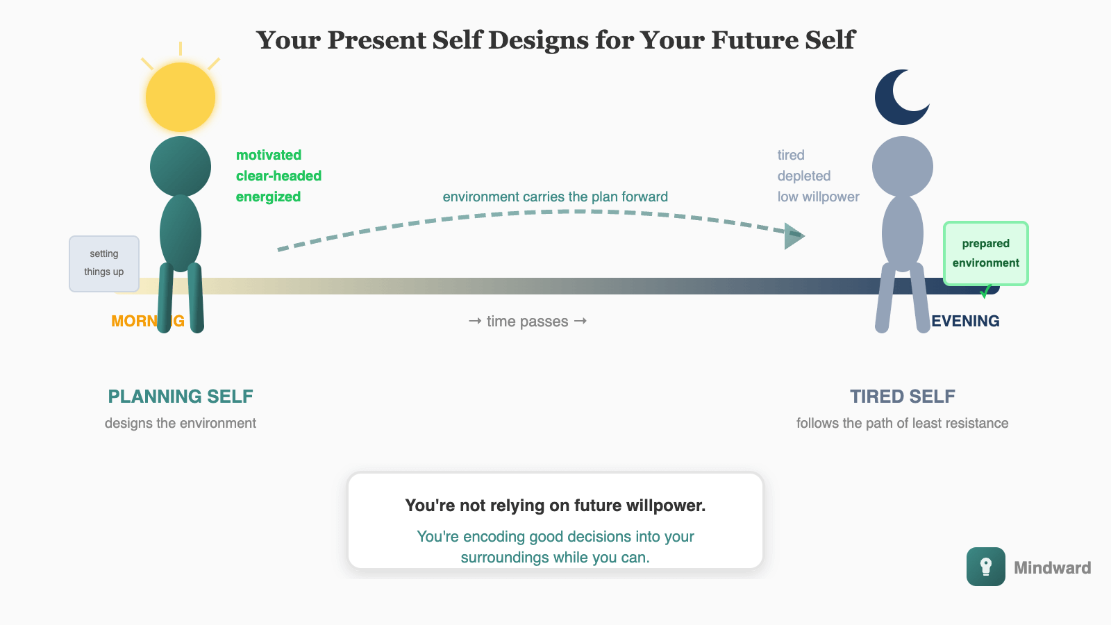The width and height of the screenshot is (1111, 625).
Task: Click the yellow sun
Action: tap(181, 97)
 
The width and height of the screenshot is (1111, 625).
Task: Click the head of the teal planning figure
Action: tap(181, 167)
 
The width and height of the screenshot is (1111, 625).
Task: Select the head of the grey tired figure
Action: tap(903, 167)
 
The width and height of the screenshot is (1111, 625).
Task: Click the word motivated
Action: tap(269, 155)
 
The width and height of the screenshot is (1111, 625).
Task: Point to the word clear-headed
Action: tap(278, 176)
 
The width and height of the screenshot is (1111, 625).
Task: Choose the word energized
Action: tap(268, 197)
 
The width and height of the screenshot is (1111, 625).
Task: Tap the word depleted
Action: tap(804, 176)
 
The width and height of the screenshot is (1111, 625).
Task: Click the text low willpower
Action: tap(818, 197)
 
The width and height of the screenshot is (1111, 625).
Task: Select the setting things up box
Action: tap(104, 263)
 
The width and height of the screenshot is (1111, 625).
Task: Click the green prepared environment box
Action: tap(985, 253)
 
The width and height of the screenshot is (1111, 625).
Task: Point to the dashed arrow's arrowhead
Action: tap(793, 236)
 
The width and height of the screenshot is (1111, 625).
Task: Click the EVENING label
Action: tap(965, 321)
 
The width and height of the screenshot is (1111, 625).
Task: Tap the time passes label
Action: tap(528, 321)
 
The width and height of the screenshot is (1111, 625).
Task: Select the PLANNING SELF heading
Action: tap(181, 397)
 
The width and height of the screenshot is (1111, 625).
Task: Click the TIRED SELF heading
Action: tap(903, 397)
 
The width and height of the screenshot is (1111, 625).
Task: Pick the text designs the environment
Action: tap(181, 423)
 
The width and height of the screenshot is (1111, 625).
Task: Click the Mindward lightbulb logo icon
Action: tap(985, 567)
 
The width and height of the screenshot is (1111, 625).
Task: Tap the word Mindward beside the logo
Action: tap(1052, 568)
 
